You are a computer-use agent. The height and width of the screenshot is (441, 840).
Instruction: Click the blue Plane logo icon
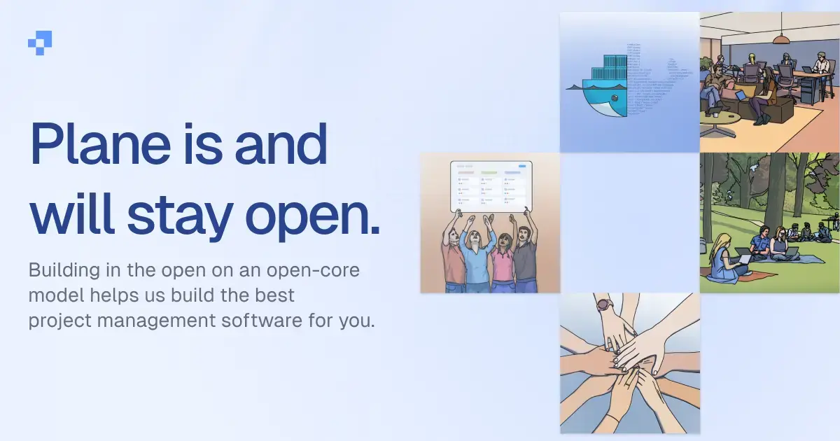[x=40, y=43]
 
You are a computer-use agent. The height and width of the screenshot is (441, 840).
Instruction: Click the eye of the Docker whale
[x=614, y=99]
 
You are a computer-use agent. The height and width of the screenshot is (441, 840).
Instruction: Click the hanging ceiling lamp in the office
[x=781, y=38]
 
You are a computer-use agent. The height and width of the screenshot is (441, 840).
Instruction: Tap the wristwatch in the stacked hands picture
[x=604, y=306]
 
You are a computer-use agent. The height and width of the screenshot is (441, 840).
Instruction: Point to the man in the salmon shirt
[x=454, y=255]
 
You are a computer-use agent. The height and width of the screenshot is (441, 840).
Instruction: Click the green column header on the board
[x=489, y=172]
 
